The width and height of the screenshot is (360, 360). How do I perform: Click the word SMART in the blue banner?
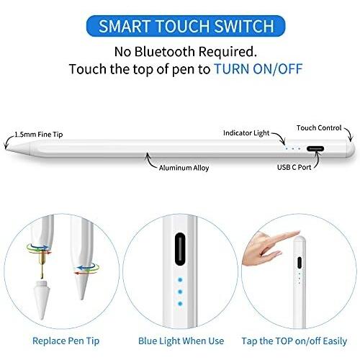click(x=125, y=26)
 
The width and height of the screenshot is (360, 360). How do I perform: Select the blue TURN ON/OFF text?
click(x=258, y=69)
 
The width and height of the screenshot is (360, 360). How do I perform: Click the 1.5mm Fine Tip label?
click(x=39, y=135)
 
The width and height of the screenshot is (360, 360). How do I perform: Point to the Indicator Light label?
click(x=246, y=133)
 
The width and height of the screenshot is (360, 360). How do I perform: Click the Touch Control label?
click(x=319, y=128)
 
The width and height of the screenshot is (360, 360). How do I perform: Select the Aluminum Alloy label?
click(x=184, y=168)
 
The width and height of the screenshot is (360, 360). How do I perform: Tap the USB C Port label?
click(x=294, y=167)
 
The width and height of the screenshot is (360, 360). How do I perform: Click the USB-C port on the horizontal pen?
click(x=315, y=149)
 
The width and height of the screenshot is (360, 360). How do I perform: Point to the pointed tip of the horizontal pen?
click(x=6, y=148)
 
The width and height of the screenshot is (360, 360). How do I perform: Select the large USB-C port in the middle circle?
click(x=180, y=249)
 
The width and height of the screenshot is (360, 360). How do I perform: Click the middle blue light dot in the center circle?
click(x=180, y=292)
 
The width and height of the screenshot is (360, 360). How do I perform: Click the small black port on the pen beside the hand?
click(x=300, y=263)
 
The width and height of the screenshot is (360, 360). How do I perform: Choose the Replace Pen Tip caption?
click(x=66, y=341)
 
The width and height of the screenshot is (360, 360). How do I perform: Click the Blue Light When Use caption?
click(x=181, y=341)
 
